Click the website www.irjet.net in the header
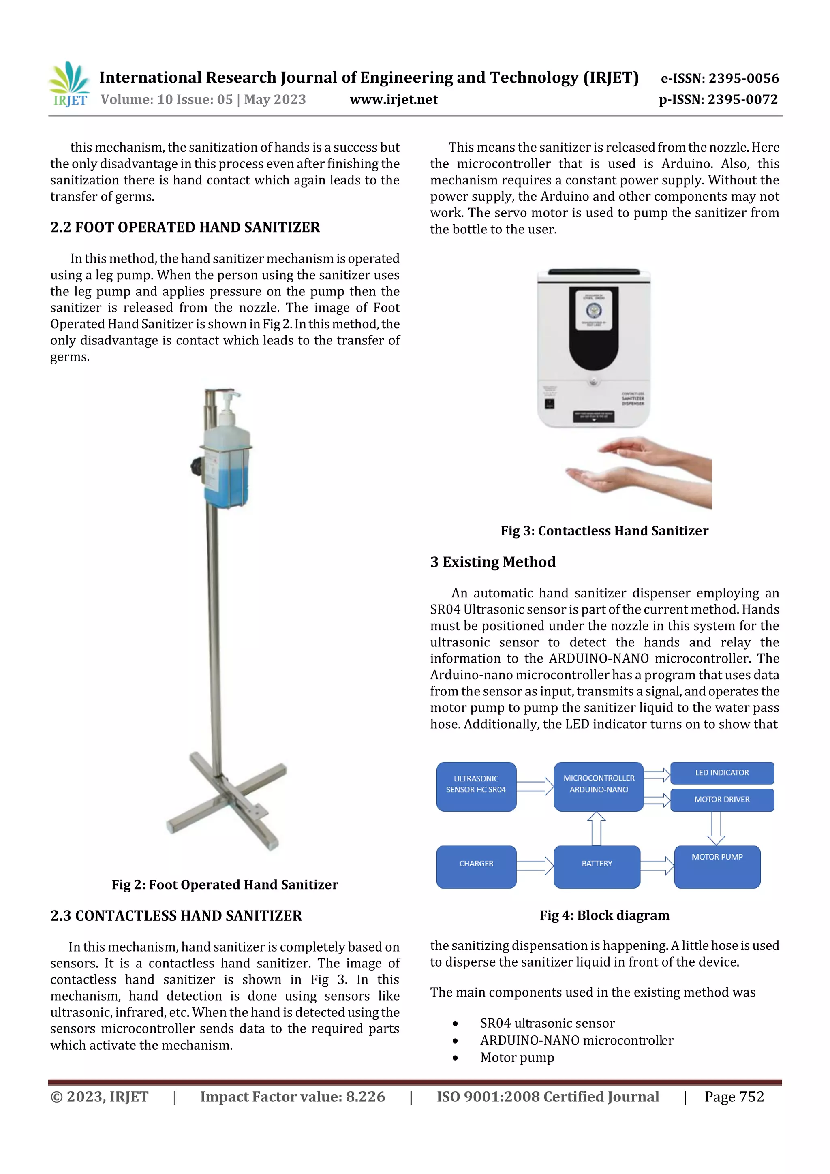point(393,99)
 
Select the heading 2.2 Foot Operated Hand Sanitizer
point(185,227)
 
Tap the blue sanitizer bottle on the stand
point(228,470)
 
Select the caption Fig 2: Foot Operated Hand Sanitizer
point(225,884)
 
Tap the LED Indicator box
point(721,773)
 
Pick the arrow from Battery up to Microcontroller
point(596,828)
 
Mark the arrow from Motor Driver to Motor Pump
point(715,828)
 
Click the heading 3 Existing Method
point(492,562)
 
